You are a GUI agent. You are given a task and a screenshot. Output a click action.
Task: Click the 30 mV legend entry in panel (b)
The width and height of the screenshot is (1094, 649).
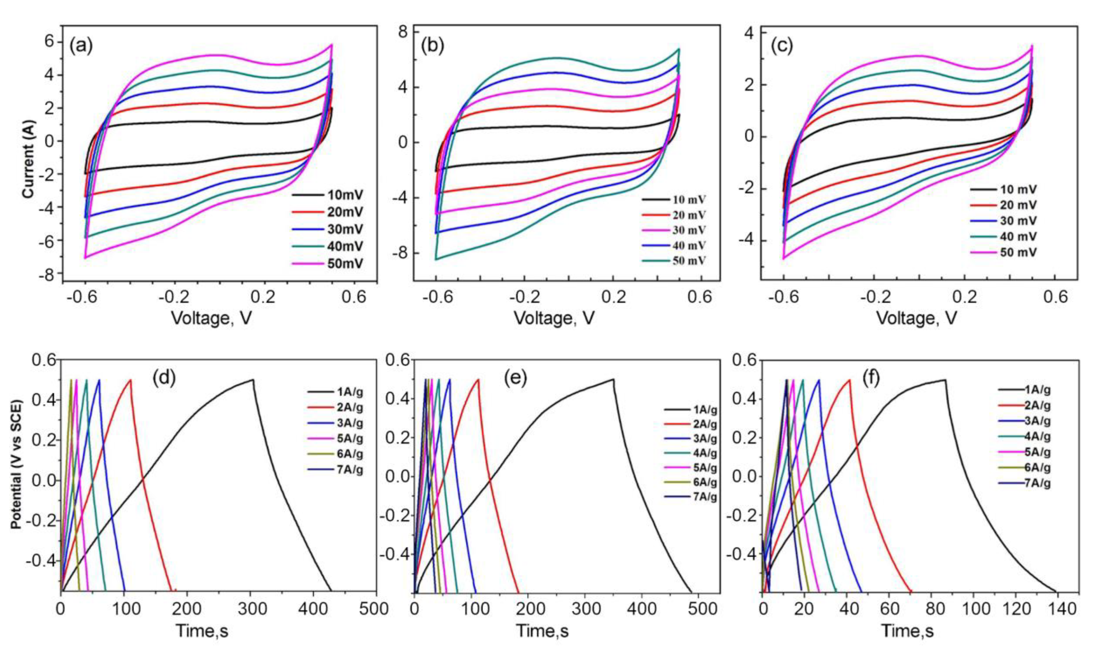point(688,230)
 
